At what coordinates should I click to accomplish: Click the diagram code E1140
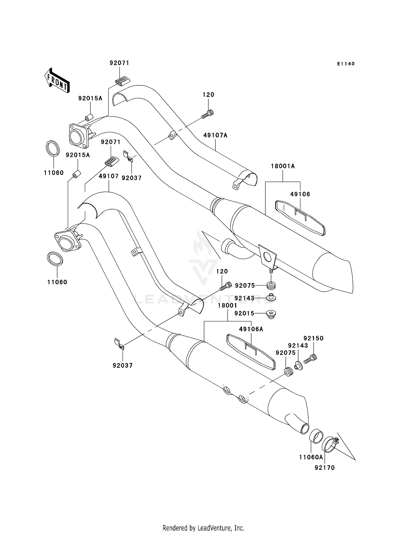coord(346,64)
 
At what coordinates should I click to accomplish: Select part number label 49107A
coord(215,135)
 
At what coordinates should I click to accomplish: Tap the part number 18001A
coord(283,166)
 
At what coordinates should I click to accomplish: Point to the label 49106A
coord(251,329)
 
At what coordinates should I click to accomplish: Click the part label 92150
coord(313,338)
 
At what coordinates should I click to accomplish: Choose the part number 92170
coord(325,468)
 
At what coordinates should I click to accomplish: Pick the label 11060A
coord(311,457)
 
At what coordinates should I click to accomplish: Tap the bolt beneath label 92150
coord(310,359)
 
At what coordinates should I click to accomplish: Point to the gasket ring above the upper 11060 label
coord(53,148)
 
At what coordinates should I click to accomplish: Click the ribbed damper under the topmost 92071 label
coord(123,81)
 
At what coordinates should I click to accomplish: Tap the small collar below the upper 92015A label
coord(88,118)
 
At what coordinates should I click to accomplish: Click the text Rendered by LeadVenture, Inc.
coord(203,528)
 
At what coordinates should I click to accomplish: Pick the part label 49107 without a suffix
coord(109,176)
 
